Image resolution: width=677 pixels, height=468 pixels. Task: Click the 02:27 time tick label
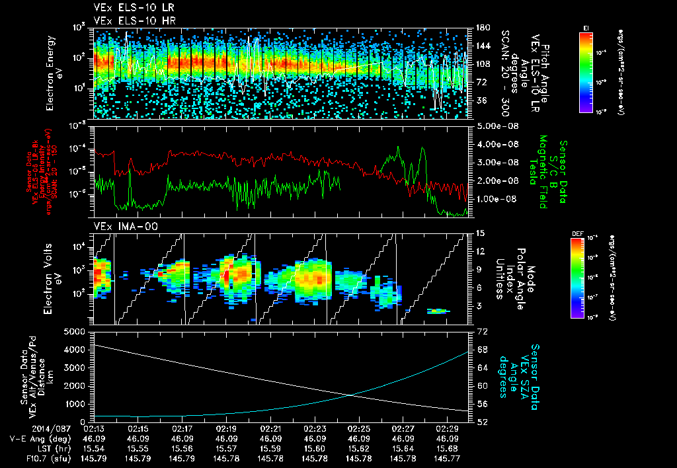pyautogui.click(x=403, y=428)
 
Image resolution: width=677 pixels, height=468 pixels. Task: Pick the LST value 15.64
pyautogui.click(x=403, y=448)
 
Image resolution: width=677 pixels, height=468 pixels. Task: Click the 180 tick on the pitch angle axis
pyautogui.click(x=482, y=27)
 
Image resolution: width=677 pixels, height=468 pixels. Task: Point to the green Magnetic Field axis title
pyautogui.click(x=542, y=172)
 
